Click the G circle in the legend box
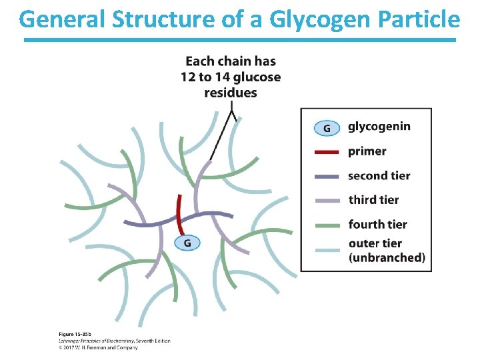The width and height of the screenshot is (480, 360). [326, 127]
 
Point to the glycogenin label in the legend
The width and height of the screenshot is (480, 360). [379, 127]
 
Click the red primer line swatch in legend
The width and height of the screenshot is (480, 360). [326, 151]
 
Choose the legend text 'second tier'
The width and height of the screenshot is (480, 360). [379, 176]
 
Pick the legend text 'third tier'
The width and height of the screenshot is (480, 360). [373, 200]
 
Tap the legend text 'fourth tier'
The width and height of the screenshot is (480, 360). [377, 225]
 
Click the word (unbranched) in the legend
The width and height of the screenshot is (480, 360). [387, 258]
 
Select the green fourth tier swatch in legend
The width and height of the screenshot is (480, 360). [326, 225]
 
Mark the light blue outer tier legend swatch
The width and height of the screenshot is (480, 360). [326, 249]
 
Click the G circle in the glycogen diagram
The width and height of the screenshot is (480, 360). [187, 243]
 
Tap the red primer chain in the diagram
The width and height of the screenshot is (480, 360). [179, 213]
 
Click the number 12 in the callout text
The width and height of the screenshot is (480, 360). [189, 77]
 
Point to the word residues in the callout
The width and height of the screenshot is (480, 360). [230, 93]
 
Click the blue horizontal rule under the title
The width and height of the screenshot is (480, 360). [240, 40]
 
